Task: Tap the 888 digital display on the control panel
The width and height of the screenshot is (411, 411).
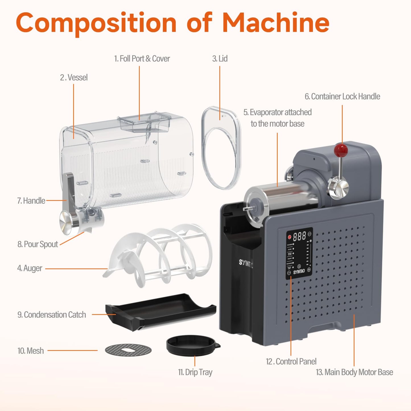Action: click(299, 236)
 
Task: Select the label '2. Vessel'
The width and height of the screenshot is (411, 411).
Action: click(74, 78)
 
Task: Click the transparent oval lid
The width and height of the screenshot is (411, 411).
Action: click(220, 148)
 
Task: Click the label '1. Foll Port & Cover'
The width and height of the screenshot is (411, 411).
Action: click(142, 59)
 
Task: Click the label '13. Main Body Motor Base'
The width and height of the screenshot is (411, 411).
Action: click(354, 372)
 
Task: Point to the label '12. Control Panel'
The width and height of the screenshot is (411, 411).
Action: click(291, 362)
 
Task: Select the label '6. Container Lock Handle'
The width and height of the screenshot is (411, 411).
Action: click(342, 96)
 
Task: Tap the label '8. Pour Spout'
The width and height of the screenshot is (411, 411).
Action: click(38, 244)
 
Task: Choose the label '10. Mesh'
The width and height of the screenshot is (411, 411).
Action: click(31, 351)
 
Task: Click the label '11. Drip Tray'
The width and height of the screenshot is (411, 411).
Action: click(195, 372)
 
